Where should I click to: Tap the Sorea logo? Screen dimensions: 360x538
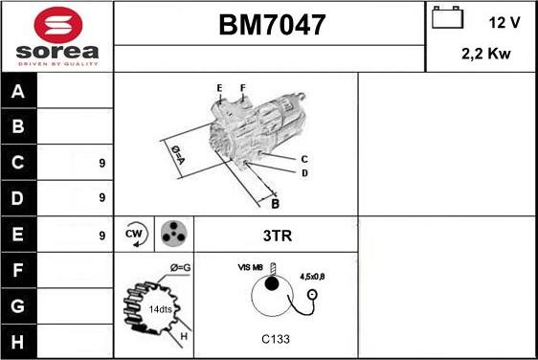[56, 36]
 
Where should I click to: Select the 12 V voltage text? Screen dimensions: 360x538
[504, 21]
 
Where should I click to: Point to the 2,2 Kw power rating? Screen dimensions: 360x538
[485, 55]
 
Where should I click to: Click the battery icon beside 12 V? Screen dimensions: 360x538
[445, 19]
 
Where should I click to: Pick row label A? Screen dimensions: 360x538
[16, 93]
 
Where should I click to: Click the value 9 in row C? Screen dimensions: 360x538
[101, 163]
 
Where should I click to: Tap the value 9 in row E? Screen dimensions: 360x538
[101, 234]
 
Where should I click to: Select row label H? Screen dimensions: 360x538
[16, 340]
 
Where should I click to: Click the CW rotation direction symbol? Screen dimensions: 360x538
[134, 233]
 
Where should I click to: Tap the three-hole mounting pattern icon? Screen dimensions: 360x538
[172, 233]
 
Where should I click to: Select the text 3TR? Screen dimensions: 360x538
[276, 234]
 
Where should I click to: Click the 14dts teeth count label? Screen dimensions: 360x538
[162, 309]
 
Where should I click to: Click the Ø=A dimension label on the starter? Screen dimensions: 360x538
[177, 154]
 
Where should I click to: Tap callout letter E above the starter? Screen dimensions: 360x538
[219, 88]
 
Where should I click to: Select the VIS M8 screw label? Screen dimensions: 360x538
[250, 268]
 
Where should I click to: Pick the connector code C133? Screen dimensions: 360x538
[276, 339]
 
